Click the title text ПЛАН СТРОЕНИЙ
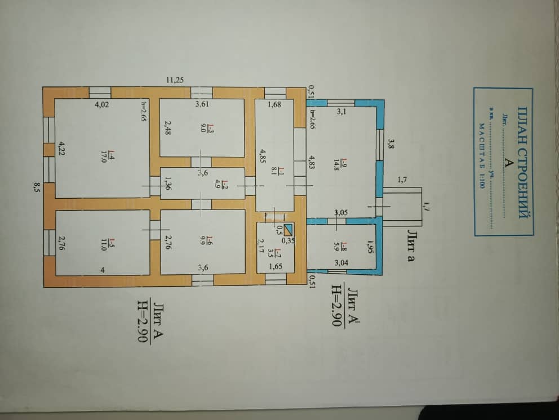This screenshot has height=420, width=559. tap(522, 160)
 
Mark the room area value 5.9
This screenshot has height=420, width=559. tap(336, 246)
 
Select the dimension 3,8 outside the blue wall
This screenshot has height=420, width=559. tap(390, 143)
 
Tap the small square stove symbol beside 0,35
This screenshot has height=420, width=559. tap(289, 229)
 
